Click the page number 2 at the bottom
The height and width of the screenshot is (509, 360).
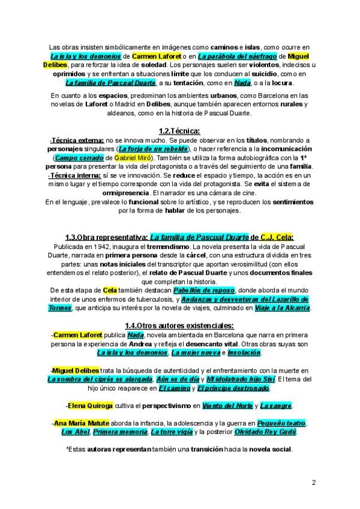coord(313,482)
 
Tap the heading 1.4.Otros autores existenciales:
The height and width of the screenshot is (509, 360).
coord(180,326)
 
